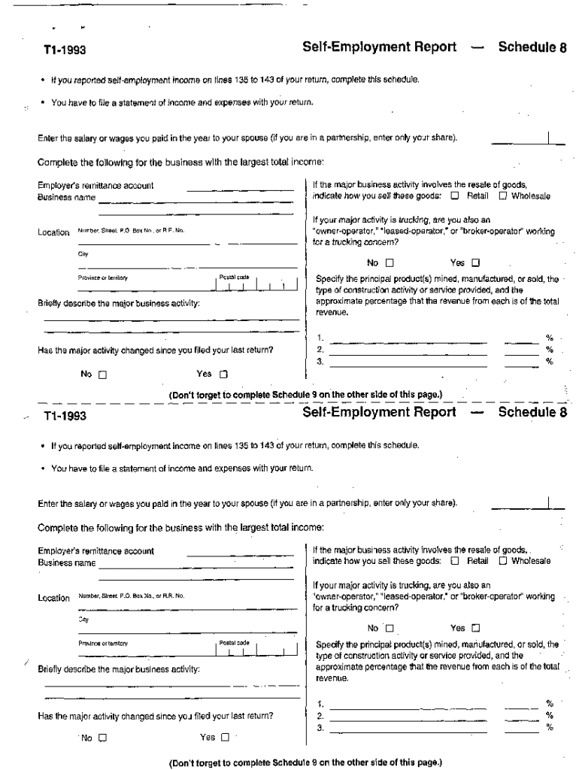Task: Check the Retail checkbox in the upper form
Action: pos(455,196)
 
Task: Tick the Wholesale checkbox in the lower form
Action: pos(503,560)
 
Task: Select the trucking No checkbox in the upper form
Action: pos(390,263)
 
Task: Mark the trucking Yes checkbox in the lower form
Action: pos(475,628)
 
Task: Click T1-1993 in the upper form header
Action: pos(65,50)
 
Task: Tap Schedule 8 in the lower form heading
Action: pos(532,412)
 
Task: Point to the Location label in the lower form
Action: pos(53,598)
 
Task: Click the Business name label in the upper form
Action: pos(67,198)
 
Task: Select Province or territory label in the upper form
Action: pos(103,277)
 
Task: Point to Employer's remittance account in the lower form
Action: pos(95,550)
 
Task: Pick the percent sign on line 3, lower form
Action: pos(549,727)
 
